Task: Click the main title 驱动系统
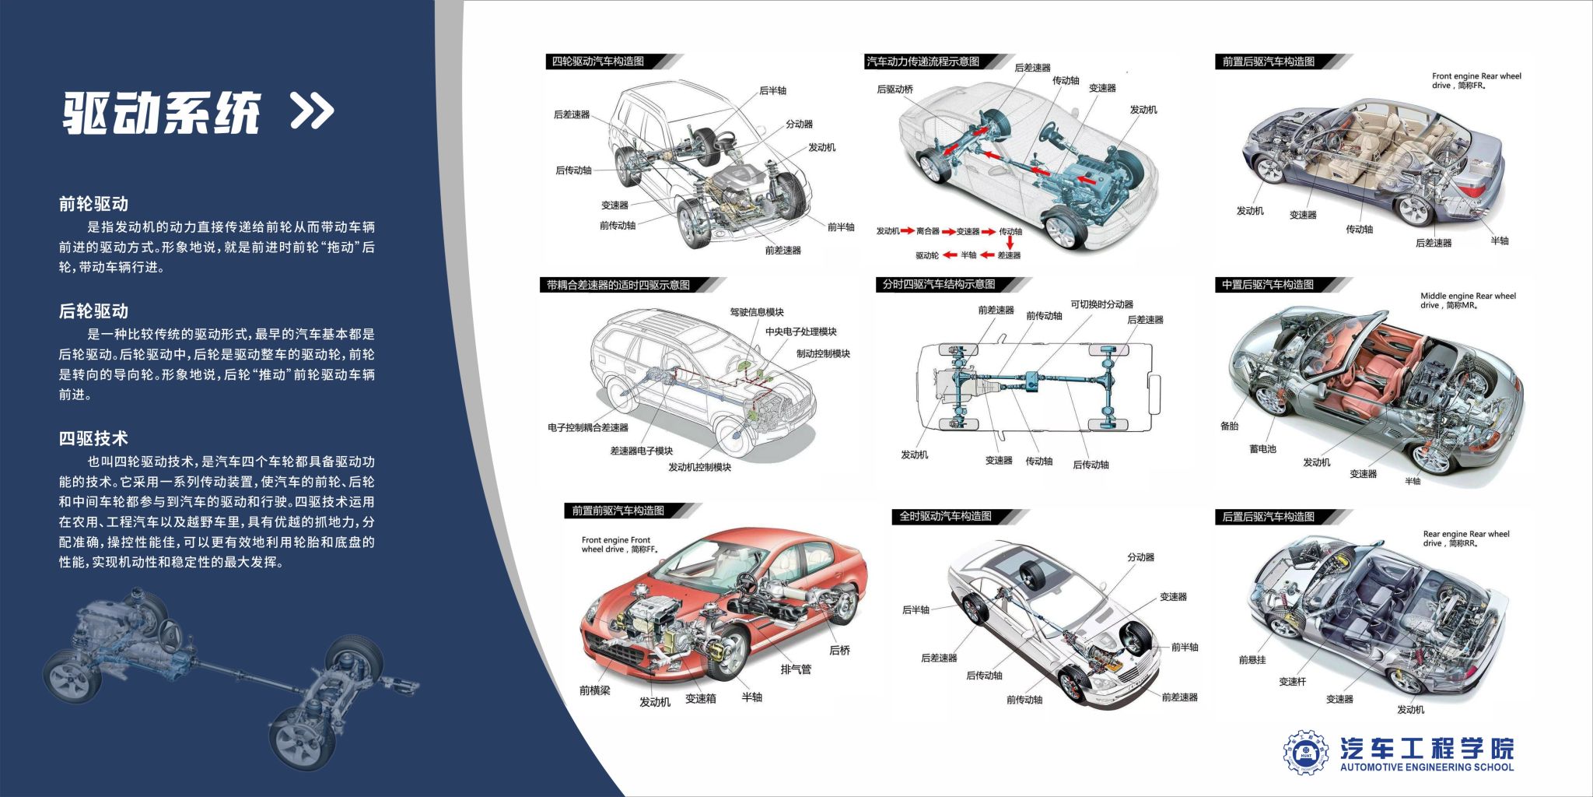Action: (161, 114)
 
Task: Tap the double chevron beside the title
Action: (312, 111)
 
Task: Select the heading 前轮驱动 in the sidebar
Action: (93, 204)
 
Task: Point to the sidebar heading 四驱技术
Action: (93, 438)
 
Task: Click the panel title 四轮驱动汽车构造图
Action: (598, 61)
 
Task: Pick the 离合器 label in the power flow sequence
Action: (928, 231)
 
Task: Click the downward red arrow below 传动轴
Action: (1010, 243)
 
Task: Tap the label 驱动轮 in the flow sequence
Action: (927, 255)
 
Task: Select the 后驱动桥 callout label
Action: (895, 90)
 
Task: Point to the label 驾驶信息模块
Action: (757, 312)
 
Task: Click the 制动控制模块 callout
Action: (823, 353)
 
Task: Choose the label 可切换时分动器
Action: (1101, 304)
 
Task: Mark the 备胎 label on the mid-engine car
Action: (1230, 426)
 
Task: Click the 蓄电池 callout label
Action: (1262, 449)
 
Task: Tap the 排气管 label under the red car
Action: (796, 669)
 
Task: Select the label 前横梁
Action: (595, 690)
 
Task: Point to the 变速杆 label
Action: (1293, 682)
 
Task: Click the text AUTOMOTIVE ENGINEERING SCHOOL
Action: (1427, 767)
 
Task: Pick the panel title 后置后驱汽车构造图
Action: (1269, 517)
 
